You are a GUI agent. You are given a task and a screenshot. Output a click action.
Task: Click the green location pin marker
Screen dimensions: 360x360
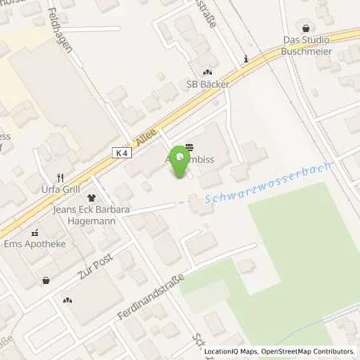click(x=180, y=160)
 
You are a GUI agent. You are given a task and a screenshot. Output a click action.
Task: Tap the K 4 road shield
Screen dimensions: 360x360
click(x=120, y=153)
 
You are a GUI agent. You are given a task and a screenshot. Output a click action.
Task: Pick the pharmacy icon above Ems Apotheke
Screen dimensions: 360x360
click(x=34, y=233)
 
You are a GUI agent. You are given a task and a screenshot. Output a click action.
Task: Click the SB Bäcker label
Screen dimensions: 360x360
click(x=208, y=84)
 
